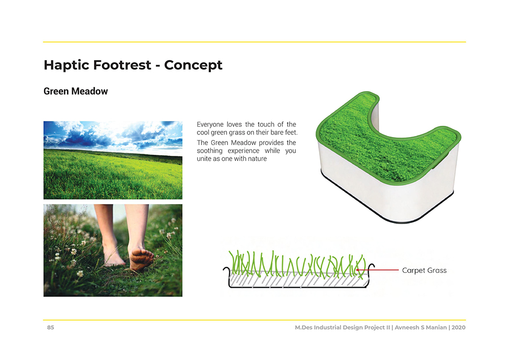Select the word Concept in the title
click(193, 65)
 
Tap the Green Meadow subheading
click(76, 91)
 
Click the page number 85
click(50, 327)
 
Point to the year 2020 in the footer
click(459, 327)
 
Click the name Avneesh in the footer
click(407, 327)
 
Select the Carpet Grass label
click(425, 270)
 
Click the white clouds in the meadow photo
click(114, 135)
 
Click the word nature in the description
click(258, 159)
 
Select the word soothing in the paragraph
click(209, 151)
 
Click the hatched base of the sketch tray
click(299, 281)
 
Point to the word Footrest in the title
click(122, 65)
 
